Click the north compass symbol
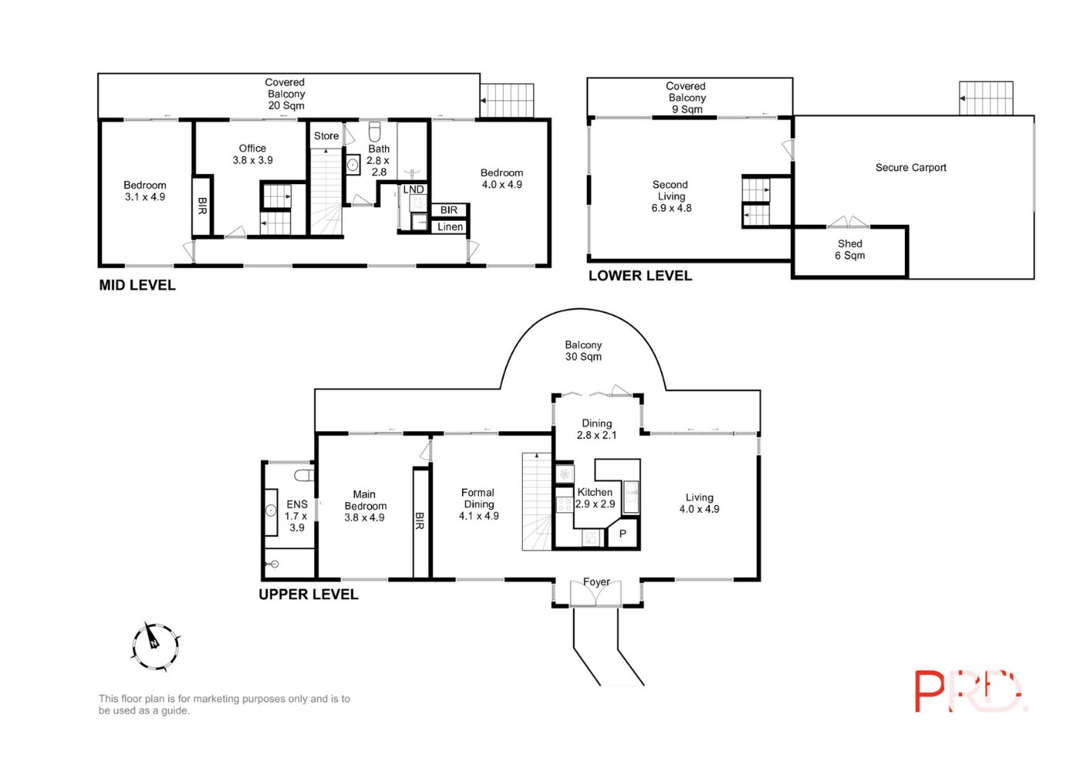point(156,647)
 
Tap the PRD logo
point(971,691)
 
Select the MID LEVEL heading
point(137,285)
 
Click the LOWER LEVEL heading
point(640,276)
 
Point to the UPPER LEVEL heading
point(308,594)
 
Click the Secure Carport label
point(910,168)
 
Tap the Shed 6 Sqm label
point(849,249)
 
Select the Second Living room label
point(671,196)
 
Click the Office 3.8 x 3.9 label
point(253,154)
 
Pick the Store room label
point(327,136)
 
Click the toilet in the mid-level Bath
point(374,132)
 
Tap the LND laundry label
point(414,189)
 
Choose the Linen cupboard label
point(450,227)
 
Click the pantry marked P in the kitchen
point(622,534)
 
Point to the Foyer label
point(597,582)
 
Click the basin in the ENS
point(271,511)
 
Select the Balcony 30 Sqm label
point(584,350)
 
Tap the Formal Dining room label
point(479,504)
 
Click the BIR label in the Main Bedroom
point(420,521)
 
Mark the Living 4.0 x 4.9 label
point(699,503)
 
